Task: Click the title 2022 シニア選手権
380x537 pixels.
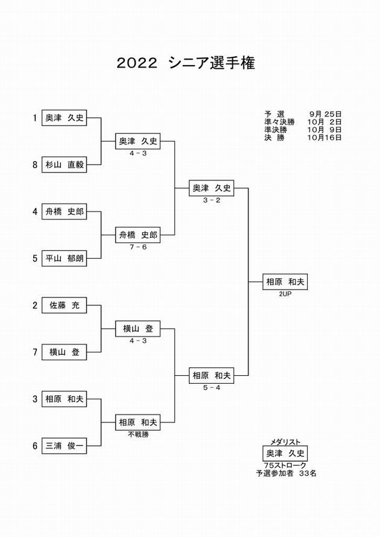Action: point(186,63)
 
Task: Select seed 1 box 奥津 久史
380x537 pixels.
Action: point(64,118)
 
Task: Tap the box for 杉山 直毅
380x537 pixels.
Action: point(64,165)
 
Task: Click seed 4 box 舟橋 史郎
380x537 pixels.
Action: point(64,211)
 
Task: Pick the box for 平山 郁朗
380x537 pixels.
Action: point(64,258)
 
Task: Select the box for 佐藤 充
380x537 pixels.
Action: point(64,305)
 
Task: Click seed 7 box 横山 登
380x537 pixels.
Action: point(64,352)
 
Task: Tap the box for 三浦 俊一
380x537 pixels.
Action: point(64,445)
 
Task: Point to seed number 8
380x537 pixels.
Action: point(35,165)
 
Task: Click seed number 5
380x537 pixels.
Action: point(35,258)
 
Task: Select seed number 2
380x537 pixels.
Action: point(35,305)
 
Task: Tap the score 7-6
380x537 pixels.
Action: point(138,247)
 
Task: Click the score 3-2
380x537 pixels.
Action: point(212,200)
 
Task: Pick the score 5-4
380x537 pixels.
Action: point(212,388)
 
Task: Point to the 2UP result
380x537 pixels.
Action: point(285,294)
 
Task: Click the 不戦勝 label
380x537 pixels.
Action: point(138,434)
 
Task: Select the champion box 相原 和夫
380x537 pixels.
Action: point(285,282)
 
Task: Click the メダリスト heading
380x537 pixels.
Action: point(285,442)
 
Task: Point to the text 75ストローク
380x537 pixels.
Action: point(285,466)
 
